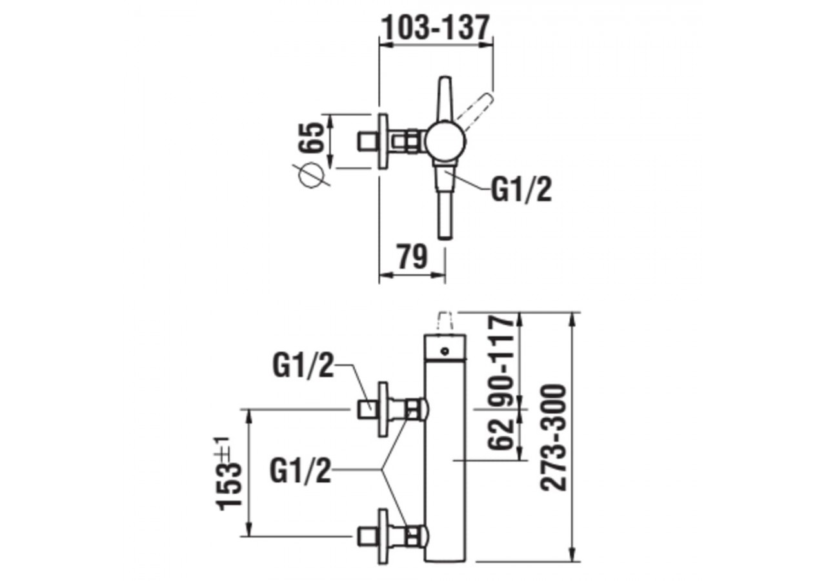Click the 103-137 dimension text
pos(436,28)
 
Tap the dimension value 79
pos(412,257)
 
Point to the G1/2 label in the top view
pos(521,190)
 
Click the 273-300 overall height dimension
pos(554,437)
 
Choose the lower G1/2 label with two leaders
pos(301,472)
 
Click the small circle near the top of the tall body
pos(444,351)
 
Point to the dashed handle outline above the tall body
pos(445,322)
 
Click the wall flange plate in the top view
pos(384,141)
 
